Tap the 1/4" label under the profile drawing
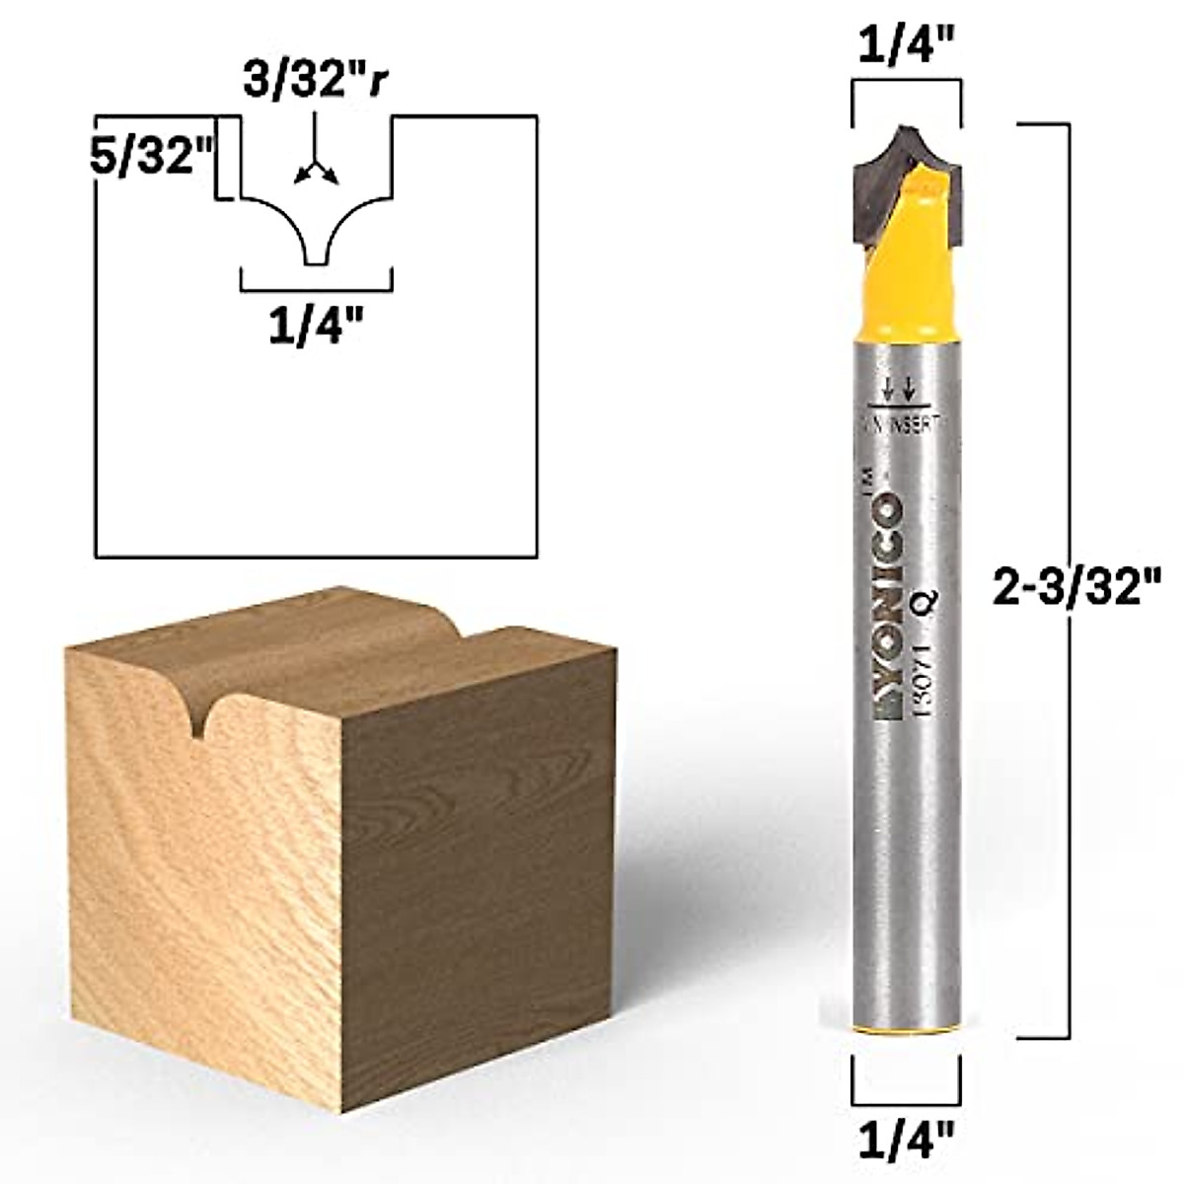pyautogui.click(x=315, y=328)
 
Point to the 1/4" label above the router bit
pyautogui.click(x=906, y=47)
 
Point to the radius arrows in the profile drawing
pyautogui.click(x=315, y=173)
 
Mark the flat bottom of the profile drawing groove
pyautogui.click(x=315, y=264)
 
